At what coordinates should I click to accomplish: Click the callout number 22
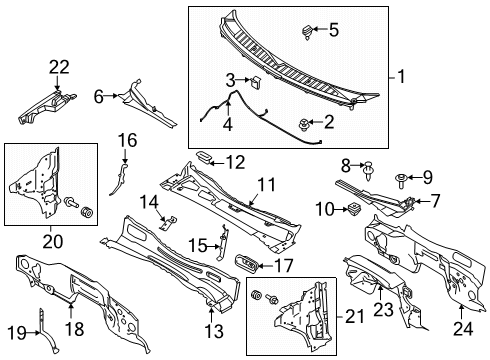pos(59,67)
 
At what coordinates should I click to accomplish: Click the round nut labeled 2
pos(303,123)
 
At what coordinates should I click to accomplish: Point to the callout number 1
pos(402,77)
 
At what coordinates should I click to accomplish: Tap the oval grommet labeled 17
pos(246,264)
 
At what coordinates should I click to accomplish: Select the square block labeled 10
pos(354,208)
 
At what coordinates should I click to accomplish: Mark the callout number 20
pos(51,240)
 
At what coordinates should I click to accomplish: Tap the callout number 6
pos(99,95)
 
